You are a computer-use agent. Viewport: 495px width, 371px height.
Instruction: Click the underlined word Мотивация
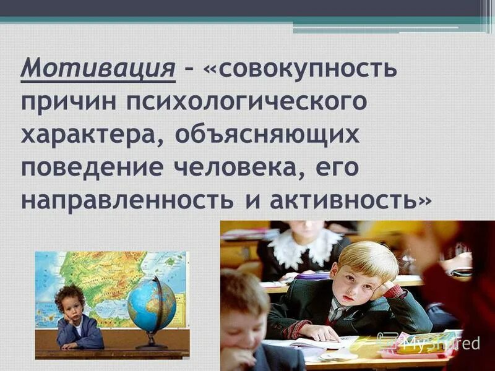coord(98,67)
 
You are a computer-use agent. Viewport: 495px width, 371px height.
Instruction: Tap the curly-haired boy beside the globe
coord(77,318)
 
